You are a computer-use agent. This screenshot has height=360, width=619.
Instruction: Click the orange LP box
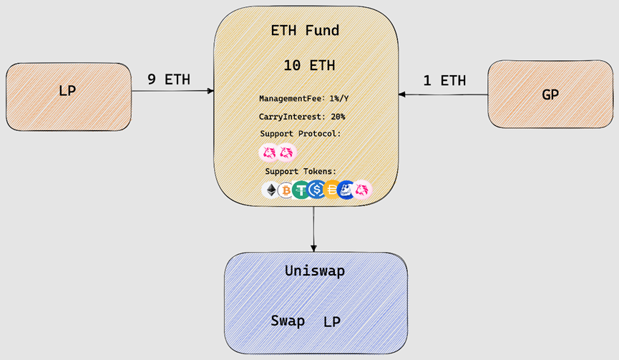click(68, 97)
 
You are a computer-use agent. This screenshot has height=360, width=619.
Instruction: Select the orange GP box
click(550, 94)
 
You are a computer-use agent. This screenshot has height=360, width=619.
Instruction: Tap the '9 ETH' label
click(169, 79)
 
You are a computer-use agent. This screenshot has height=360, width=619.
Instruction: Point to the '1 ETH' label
click(444, 81)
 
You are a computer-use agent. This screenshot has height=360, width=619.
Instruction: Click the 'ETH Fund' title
click(305, 30)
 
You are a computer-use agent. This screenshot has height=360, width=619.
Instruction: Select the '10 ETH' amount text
click(309, 65)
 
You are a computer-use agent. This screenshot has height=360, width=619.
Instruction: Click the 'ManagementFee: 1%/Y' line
click(303, 98)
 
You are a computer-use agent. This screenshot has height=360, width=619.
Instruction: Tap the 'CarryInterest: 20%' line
click(302, 117)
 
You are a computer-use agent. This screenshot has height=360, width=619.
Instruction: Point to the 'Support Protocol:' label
click(301, 133)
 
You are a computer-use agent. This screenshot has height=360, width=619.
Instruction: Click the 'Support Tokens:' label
click(301, 171)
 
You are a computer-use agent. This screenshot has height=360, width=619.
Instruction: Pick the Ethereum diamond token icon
click(270, 190)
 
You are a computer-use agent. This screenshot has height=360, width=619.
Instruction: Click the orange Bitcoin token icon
click(286, 190)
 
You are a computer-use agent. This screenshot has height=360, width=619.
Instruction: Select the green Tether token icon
click(301, 190)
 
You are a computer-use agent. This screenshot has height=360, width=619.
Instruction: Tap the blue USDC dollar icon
click(316, 190)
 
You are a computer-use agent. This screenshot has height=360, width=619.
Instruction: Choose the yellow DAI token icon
click(332, 190)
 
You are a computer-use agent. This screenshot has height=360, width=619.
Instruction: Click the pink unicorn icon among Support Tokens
click(362, 190)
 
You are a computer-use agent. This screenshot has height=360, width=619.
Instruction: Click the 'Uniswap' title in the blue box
click(315, 271)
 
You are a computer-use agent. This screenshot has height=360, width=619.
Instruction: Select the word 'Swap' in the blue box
click(288, 321)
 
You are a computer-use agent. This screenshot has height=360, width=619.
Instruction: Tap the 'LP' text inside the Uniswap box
click(331, 322)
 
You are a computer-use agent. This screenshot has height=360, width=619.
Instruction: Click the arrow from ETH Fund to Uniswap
click(314, 229)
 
